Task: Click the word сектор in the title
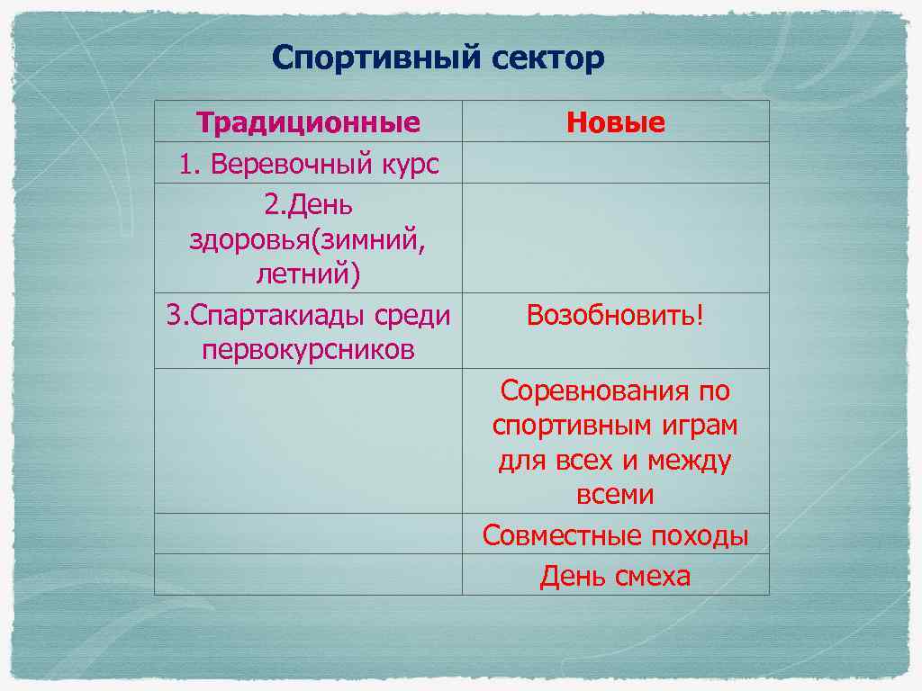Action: point(548,59)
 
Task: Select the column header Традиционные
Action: point(308,122)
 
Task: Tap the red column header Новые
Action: point(616,122)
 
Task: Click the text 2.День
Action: point(308,205)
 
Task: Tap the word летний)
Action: point(308,274)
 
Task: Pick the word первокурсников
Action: point(308,350)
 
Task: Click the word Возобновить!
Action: point(616,316)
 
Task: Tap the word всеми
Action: point(616,495)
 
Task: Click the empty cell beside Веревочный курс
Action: point(616,163)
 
